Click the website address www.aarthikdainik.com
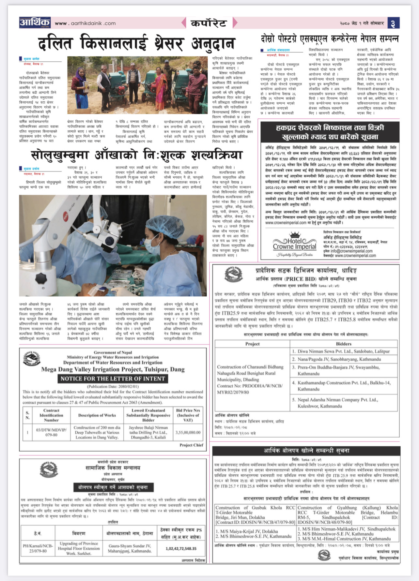pos(85,23)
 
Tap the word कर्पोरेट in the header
pos(209,23)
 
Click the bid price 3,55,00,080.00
pos(188,432)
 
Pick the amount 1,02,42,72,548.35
pos(181,548)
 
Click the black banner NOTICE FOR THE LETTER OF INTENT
pos(113,379)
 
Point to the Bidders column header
pos(344,344)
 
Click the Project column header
pos(252,344)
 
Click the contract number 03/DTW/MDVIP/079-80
pos(51,432)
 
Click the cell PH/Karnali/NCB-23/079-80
pos(38,548)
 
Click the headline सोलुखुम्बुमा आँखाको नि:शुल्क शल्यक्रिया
pos(137,155)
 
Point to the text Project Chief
pos(191,445)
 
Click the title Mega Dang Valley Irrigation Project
pos(113,369)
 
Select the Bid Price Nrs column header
pos(188,415)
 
